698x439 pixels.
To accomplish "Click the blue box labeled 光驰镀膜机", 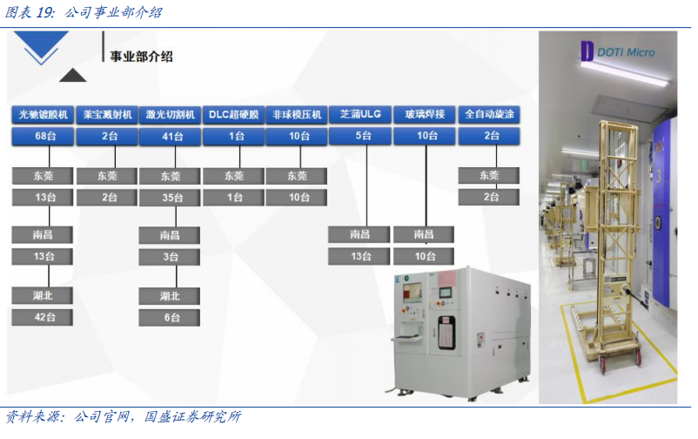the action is pyautogui.click(x=43, y=114).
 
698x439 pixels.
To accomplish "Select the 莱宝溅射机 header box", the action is pyautogui.click(x=107, y=114).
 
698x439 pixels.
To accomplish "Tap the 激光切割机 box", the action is pyautogui.click(x=171, y=114).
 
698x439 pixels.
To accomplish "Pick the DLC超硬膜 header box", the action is pyautogui.click(x=234, y=114).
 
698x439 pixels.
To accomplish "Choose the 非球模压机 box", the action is pyautogui.click(x=298, y=114).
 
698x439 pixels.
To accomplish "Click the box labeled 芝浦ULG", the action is pyautogui.click(x=360, y=114).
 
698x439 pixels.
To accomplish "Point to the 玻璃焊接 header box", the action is pyautogui.click(x=425, y=114).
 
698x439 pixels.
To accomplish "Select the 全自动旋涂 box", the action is pyautogui.click(x=489, y=114).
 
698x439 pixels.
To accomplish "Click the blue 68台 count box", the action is pyautogui.click(x=43, y=136).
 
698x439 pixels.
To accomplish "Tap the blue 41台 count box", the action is pyautogui.click(x=171, y=136).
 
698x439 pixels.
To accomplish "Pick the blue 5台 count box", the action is pyautogui.click(x=360, y=136).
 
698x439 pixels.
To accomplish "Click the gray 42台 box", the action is pyautogui.click(x=43, y=318).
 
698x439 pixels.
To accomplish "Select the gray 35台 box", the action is pyautogui.click(x=171, y=197).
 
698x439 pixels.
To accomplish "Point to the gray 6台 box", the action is pyautogui.click(x=171, y=318).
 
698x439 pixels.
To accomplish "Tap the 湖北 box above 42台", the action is pyautogui.click(x=43, y=296).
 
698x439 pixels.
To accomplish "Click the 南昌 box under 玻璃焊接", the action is pyautogui.click(x=425, y=234).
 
